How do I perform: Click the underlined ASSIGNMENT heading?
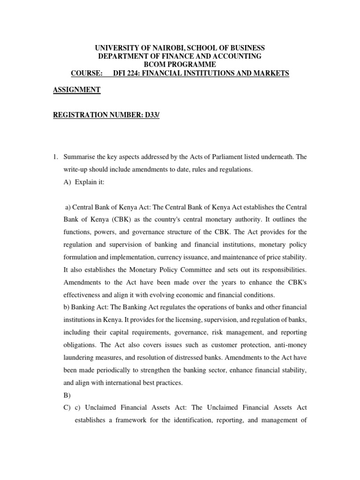(76, 90)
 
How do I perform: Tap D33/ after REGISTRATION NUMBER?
(151, 115)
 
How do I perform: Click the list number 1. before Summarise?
(55, 157)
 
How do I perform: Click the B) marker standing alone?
(66, 395)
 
